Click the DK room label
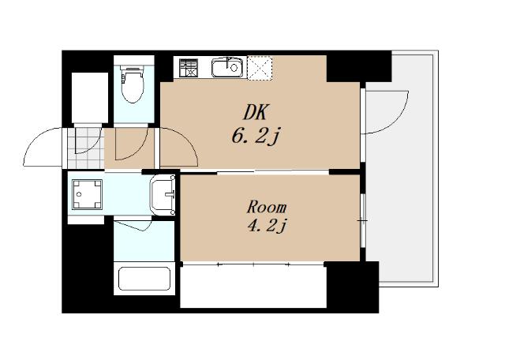click(x=256, y=112)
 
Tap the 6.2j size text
click(x=254, y=137)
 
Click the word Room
click(x=267, y=207)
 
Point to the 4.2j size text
click(x=267, y=225)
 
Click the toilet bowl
click(x=133, y=84)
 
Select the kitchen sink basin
click(x=227, y=67)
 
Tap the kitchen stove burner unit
click(x=189, y=68)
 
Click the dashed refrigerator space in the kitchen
click(x=260, y=68)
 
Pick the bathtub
click(x=144, y=279)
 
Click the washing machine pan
click(x=87, y=194)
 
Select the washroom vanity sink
click(x=163, y=195)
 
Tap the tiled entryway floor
click(x=86, y=148)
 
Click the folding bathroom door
click(x=133, y=225)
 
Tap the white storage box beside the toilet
click(x=90, y=97)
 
